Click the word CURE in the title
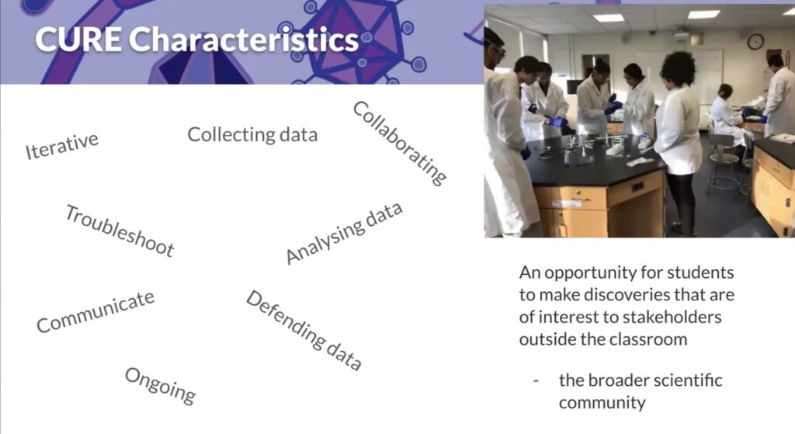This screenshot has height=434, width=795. click(x=78, y=40)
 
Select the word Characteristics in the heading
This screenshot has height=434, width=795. click(x=244, y=40)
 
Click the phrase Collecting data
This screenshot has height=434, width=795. click(x=252, y=134)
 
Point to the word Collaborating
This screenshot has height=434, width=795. click(x=400, y=143)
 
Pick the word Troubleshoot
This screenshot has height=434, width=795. click(x=120, y=231)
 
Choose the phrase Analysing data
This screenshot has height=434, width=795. click(x=344, y=233)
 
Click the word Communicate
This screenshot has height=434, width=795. click(x=95, y=312)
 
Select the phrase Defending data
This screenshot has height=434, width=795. click(x=304, y=331)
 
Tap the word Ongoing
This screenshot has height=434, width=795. click(x=160, y=386)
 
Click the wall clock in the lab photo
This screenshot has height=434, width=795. click(x=755, y=42)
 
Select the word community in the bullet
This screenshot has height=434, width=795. click(x=602, y=403)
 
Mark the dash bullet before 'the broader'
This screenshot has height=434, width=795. click(x=536, y=380)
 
